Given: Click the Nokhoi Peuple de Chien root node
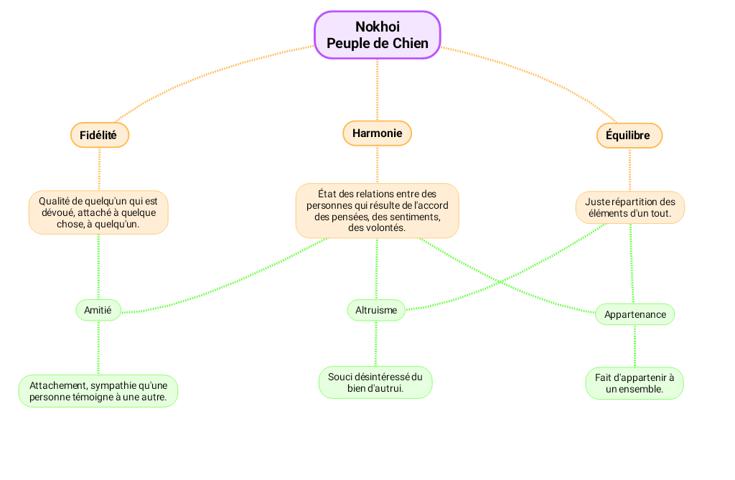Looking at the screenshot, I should pyautogui.click(x=377, y=34).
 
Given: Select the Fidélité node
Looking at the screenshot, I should pyautogui.click(x=99, y=135).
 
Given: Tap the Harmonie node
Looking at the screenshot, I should pyautogui.click(x=377, y=133).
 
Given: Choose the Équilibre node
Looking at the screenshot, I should pyautogui.click(x=629, y=135).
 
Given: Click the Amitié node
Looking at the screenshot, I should pyautogui.click(x=98, y=310).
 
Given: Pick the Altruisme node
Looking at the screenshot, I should pyautogui.click(x=376, y=310).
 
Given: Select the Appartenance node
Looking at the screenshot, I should pyautogui.click(x=635, y=314).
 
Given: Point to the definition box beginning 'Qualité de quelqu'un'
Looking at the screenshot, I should pyautogui.click(x=98, y=212).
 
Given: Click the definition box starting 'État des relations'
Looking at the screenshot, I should pyautogui.click(x=377, y=210).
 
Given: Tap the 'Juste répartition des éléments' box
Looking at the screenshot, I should pyautogui.click(x=629, y=207).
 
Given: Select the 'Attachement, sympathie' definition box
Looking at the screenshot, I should pyautogui.click(x=98, y=391).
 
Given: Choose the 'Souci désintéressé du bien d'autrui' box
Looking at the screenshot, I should pyautogui.click(x=375, y=382).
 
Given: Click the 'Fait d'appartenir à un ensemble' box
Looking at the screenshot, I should pyautogui.click(x=635, y=383).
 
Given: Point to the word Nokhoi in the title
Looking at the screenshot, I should pyautogui.click(x=378, y=27).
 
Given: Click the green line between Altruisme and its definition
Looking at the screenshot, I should pyautogui.click(x=375, y=344).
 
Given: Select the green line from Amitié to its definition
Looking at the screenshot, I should pyautogui.click(x=98, y=347).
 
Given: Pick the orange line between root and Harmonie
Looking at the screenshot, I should pyautogui.click(x=377, y=90).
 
